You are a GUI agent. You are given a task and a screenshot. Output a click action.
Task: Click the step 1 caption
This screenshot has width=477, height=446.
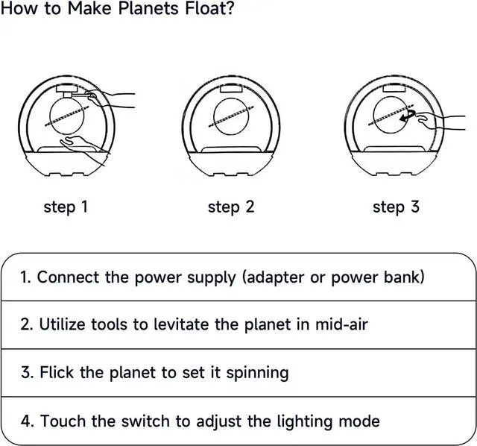pos(66,207)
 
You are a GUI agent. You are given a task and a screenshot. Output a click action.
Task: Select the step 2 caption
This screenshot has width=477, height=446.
pos(230,207)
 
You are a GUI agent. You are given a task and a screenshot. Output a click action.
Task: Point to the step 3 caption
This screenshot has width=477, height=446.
pos(396,207)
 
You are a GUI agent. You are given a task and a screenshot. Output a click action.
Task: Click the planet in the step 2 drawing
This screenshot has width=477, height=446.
pos(231,115)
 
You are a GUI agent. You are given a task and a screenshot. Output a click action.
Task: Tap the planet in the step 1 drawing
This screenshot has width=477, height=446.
pos(66,115)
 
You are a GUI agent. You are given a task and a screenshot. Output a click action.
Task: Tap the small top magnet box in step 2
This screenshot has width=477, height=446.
pos(231,87)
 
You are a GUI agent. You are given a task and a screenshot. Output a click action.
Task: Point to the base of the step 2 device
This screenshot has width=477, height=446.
pos(231,164)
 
